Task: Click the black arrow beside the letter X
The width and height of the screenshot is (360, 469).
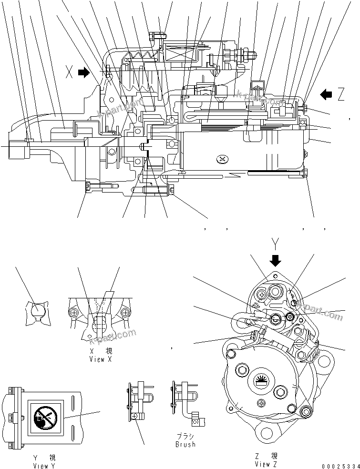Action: pos(83,73)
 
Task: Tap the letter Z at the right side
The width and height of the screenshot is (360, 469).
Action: pos(341,95)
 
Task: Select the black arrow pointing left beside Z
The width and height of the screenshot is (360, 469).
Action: pos(326,94)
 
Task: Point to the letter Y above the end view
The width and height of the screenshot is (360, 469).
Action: pos(275,245)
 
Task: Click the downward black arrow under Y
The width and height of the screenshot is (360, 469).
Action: pos(275,260)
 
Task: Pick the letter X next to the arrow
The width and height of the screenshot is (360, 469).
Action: pos(70,73)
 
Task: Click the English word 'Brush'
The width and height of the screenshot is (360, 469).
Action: pos(185,444)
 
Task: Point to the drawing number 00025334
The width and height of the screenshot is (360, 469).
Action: pos(339,466)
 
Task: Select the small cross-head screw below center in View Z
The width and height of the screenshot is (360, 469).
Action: pos(262,403)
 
